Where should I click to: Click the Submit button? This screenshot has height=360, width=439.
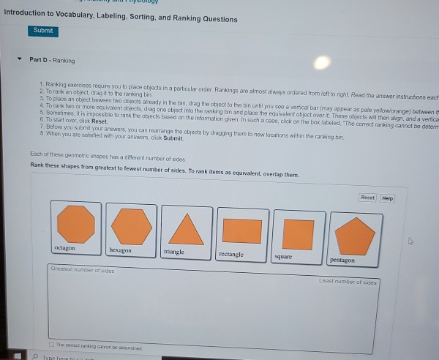click(43, 31)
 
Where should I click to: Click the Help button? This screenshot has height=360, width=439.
click(387, 198)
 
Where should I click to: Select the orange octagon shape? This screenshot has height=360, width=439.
click(75, 223)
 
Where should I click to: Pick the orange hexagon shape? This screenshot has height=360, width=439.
click(132, 225)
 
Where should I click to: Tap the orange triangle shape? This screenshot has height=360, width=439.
click(186, 228)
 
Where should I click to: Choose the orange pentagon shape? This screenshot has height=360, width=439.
click(354, 236)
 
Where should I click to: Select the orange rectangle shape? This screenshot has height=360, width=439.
click(241, 231)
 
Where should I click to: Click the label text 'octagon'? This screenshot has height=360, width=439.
click(64, 249)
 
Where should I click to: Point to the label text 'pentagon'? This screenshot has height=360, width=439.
click(342, 260)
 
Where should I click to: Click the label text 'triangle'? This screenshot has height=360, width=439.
click(174, 252)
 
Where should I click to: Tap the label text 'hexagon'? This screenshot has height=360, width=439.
click(120, 250)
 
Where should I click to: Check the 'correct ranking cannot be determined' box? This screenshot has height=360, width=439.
click(51, 343)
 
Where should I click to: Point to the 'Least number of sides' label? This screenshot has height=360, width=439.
click(348, 281)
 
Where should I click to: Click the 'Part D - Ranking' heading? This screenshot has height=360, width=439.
click(52, 60)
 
